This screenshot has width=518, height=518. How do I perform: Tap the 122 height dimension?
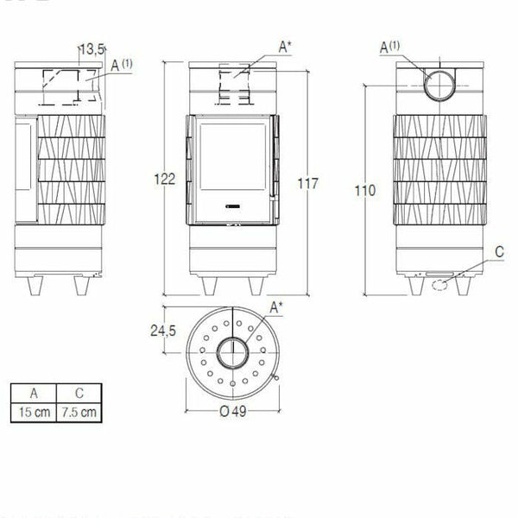coord(166,180)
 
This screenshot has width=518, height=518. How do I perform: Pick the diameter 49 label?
coord(232,411)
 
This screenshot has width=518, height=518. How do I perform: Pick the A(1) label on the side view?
coord(122,63)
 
